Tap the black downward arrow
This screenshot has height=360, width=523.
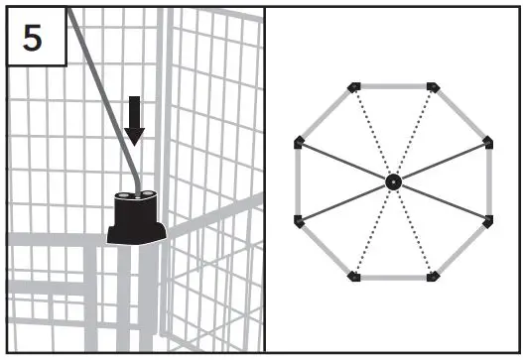(x=135, y=119)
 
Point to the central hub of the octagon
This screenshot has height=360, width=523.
(x=392, y=181)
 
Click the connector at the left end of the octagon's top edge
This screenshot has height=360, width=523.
(x=354, y=87)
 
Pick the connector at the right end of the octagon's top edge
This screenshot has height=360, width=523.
(x=431, y=87)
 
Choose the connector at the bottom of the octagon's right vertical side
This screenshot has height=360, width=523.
(x=487, y=220)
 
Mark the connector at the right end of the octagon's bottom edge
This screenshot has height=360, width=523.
(x=431, y=276)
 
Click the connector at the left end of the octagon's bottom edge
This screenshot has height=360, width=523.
(x=354, y=276)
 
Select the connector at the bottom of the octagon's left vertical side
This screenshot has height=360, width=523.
(x=299, y=220)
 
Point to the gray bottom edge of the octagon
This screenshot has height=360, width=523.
(x=392, y=278)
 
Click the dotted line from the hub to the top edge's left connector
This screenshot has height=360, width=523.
(x=372, y=133)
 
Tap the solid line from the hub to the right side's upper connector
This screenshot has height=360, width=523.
(x=442, y=162)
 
